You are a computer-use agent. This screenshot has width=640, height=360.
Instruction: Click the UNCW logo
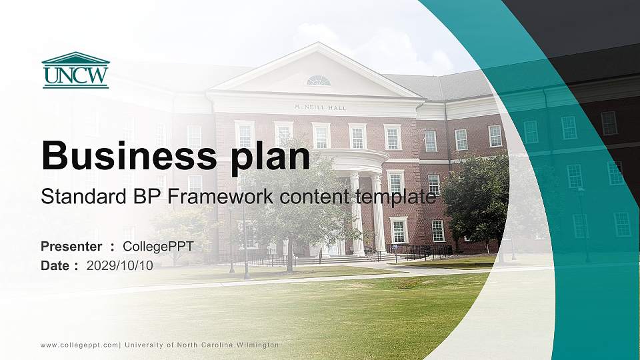(x=75, y=70)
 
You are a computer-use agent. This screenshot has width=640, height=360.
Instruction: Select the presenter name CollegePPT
(x=158, y=247)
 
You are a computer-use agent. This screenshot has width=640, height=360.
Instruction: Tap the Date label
(x=56, y=265)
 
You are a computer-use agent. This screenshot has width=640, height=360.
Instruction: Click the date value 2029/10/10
(x=120, y=265)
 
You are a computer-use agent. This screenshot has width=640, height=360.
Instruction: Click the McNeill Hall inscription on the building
(x=320, y=107)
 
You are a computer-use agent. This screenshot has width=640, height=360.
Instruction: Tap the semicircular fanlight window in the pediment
(x=319, y=81)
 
